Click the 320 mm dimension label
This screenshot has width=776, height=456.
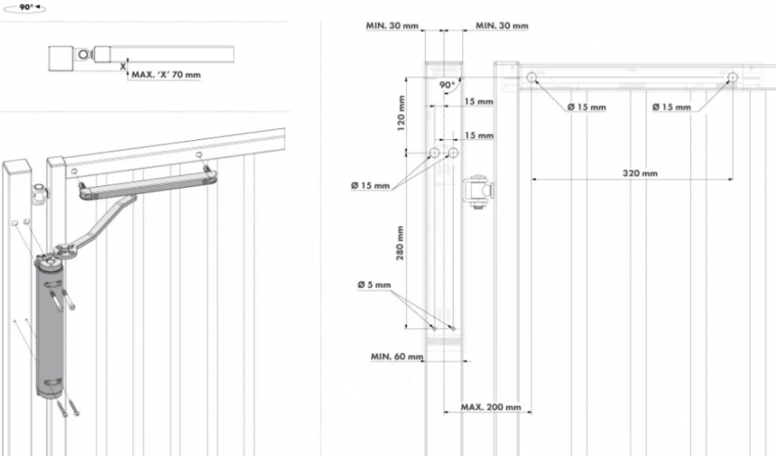click(x=640, y=173)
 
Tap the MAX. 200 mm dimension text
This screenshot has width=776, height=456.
click(x=491, y=407)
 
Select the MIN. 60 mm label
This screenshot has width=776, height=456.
click(x=397, y=357)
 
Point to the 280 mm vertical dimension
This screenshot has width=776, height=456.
click(x=400, y=242)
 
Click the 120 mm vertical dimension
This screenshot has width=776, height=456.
click(x=402, y=113)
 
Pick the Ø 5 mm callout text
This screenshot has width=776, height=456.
click(x=374, y=285)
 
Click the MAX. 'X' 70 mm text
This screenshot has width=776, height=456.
click(x=166, y=75)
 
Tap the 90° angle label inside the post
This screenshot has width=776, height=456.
click(x=447, y=85)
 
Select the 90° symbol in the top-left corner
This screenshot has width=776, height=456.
click(x=26, y=8)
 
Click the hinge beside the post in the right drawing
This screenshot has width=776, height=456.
click(x=477, y=191)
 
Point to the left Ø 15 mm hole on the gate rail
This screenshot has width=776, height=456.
click(x=531, y=77)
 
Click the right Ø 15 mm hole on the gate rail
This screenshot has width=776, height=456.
click(x=733, y=77)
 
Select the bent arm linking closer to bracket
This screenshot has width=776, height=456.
click(x=99, y=225)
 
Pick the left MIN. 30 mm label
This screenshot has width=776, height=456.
click(x=392, y=26)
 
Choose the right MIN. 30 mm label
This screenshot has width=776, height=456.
click(x=502, y=26)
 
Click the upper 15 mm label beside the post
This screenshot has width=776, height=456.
click(x=479, y=102)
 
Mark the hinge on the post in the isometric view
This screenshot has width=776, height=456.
click(x=39, y=195)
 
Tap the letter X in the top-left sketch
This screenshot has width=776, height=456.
click(x=124, y=66)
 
